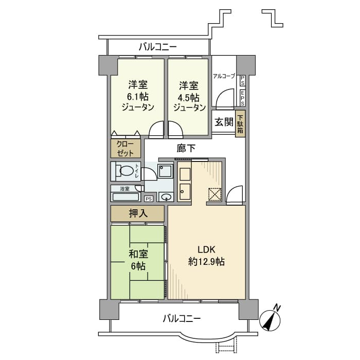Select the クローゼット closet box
click(x=125, y=149)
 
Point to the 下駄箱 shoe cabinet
click(x=240, y=123)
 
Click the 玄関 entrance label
click(x=223, y=122)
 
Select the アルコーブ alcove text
click(x=224, y=76)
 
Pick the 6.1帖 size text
click(x=137, y=96)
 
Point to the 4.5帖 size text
click(x=189, y=96)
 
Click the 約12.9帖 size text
click(x=206, y=262)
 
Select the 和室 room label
click(x=137, y=255)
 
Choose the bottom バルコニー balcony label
click(x=182, y=318)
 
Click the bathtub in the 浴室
click(x=125, y=196)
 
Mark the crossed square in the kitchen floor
click(x=214, y=194)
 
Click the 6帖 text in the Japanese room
click(x=137, y=266)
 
